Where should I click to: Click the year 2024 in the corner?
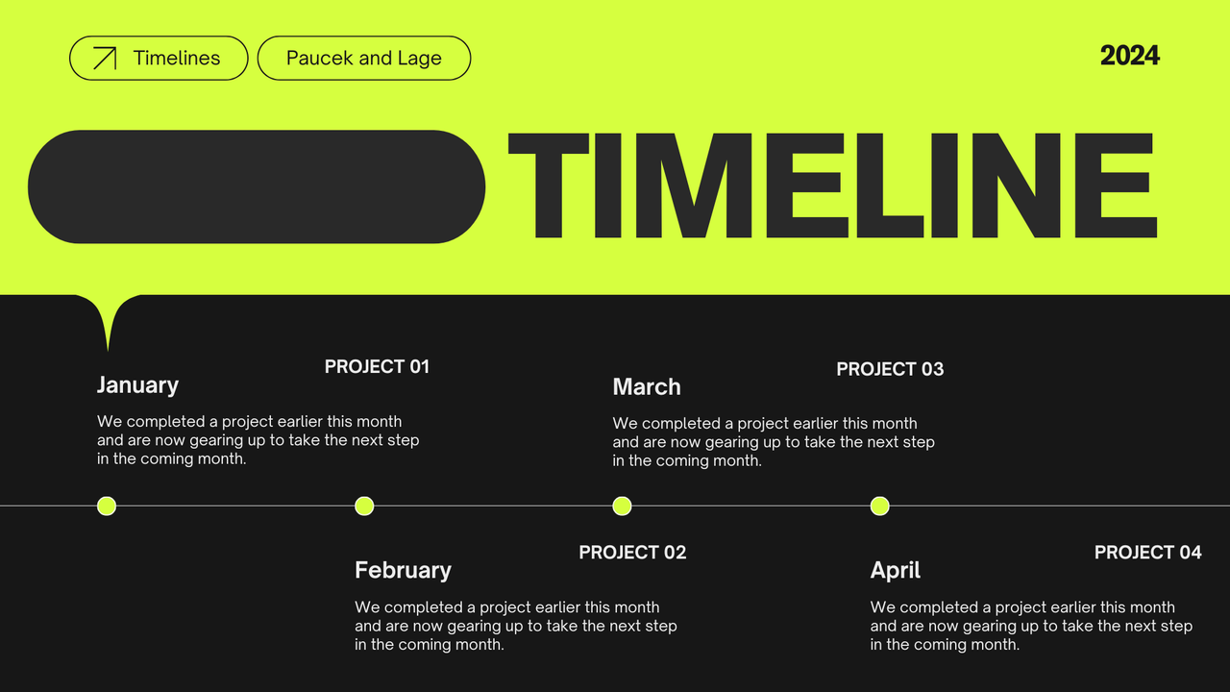(1129, 56)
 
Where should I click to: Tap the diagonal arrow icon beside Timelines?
(104, 59)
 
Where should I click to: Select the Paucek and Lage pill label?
(363, 58)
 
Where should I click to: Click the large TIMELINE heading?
(832, 185)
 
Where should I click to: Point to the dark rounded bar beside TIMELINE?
(257, 186)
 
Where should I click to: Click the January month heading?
(137, 385)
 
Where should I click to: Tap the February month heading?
(403, 570)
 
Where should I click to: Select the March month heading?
(647, 387)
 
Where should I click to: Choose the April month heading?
(896, 570)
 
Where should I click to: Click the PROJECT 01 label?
(377, 366)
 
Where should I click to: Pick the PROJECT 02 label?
(632, 553)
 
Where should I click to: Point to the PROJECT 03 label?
(890, 369)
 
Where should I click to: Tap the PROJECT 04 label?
(1147, 553)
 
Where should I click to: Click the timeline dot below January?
(107, 506)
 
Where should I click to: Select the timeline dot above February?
(364, 506)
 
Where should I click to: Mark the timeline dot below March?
(622, 506)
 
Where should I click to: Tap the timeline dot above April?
(879, 506)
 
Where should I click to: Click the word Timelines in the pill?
(177, 58)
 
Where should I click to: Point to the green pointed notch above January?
(108, 317)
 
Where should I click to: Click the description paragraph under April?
(1031, 626)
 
